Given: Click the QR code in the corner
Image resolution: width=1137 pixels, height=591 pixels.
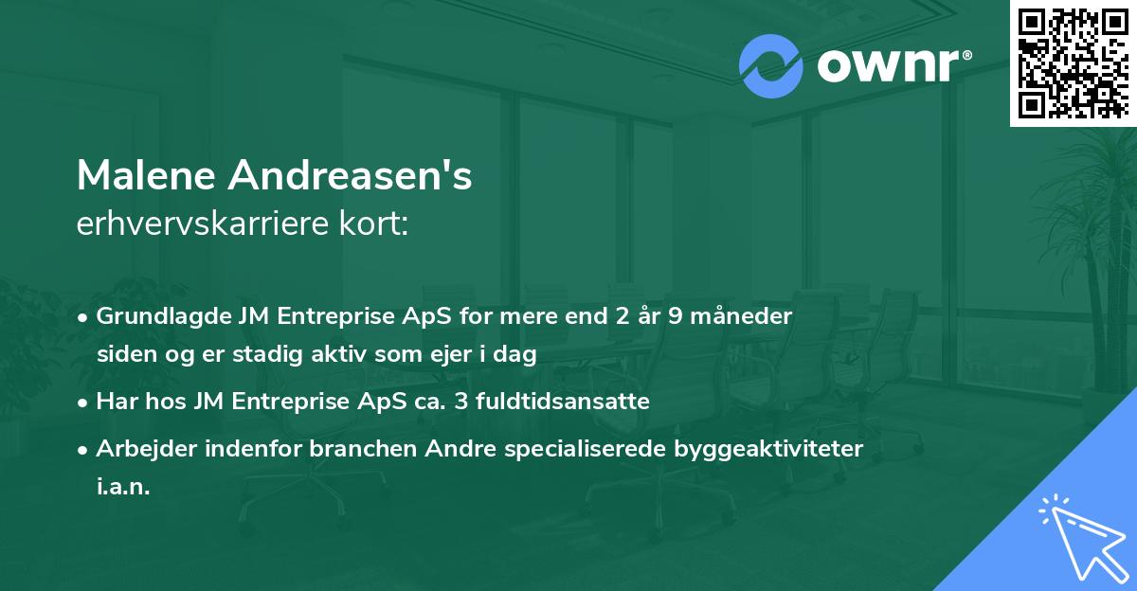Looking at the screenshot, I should [x=1072, y=63].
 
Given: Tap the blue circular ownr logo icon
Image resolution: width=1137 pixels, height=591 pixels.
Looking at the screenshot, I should [x=770, y=67].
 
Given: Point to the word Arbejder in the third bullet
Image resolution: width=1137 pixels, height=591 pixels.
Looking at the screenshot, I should [x=141, y=448].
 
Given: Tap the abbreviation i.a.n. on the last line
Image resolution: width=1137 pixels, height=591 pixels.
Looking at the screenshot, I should [x=123, y=487].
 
